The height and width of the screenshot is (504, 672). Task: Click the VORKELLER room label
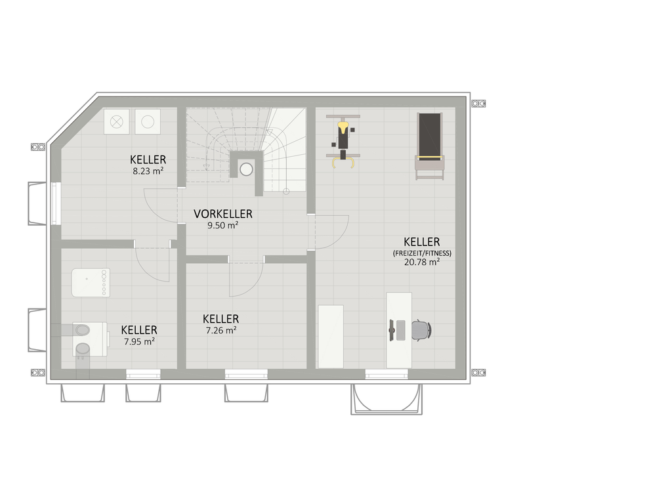tap(223, 213)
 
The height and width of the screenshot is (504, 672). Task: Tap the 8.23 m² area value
tap(148, 171)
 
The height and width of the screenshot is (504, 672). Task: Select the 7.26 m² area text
tap(221, 331)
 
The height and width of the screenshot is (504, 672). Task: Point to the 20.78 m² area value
tap(422, 262)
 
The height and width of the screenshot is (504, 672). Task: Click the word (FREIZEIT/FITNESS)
tap(422, 253)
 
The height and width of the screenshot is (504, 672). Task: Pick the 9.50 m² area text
tap(223, 225)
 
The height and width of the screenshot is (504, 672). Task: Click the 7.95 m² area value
tap(139, 341)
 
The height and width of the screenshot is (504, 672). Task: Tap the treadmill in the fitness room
tap(429, 146)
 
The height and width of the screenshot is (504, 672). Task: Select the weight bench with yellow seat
tap(343, 141)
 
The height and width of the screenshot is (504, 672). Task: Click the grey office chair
tap(422, 330)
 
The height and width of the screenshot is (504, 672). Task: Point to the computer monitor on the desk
tap(391, 330)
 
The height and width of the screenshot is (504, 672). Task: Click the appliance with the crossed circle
tap(116, 121)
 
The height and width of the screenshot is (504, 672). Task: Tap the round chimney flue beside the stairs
tap(247, 169)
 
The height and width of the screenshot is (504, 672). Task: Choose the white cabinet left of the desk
tap(331, 337)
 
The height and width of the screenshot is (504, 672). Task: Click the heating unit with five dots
tap(91, 282)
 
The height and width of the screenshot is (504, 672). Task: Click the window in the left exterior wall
tap(55, 203)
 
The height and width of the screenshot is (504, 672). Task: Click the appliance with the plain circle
tap(148, 121)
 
